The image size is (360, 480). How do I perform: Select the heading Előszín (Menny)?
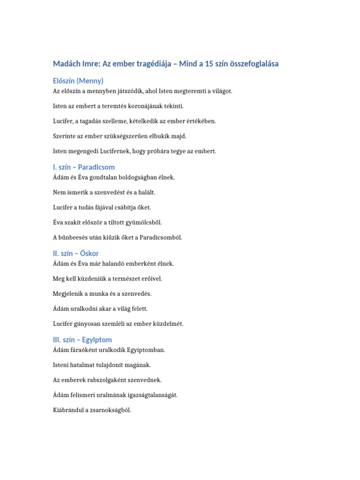tap(78, 81)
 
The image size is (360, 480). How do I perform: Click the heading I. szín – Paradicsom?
tap(84, 167)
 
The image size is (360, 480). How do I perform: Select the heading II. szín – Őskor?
tap(76, 253)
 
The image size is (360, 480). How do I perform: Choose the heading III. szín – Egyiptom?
tap(82, 339)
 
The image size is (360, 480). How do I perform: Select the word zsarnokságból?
tap(109, 410)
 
